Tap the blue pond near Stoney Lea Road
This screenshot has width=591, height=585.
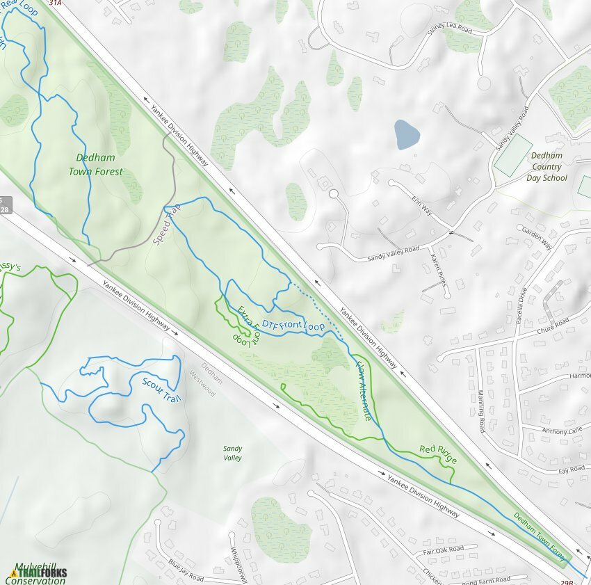coord(406,134)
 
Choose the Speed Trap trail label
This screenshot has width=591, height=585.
coord(166,227)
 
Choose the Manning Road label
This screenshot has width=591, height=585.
coord(481,410)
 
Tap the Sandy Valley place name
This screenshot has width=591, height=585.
coord(233,454)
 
